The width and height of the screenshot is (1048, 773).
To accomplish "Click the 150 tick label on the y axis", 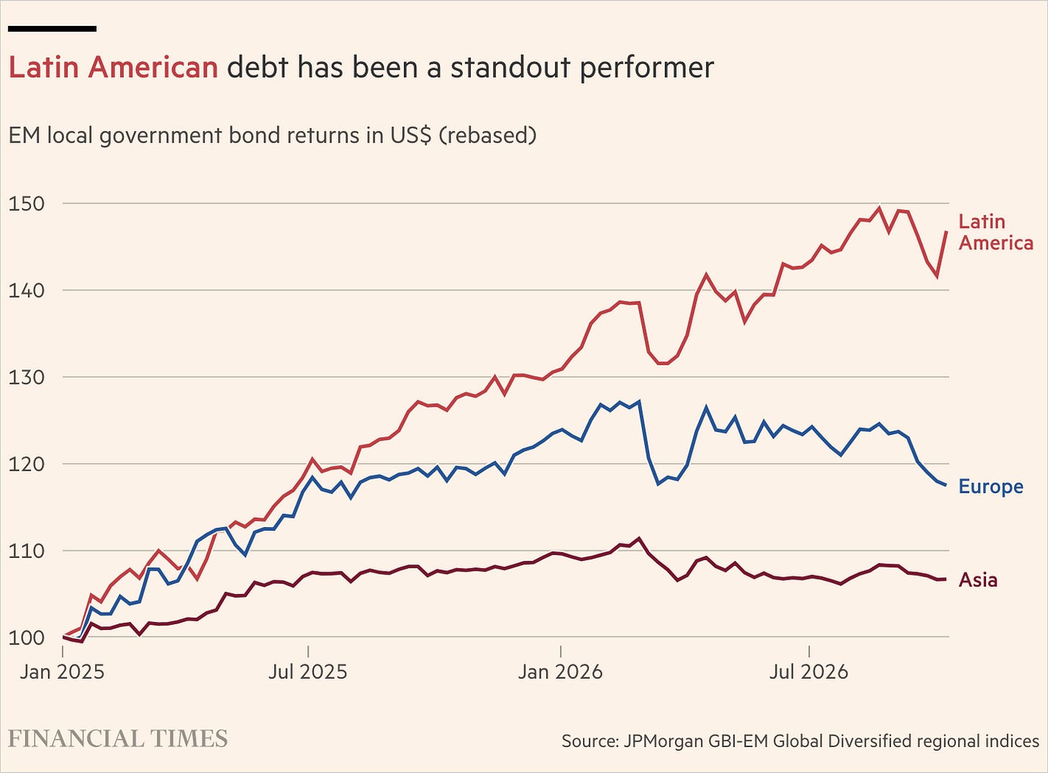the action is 27,204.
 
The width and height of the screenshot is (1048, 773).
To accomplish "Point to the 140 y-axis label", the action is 27,291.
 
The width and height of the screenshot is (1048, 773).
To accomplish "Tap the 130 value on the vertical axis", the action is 27,378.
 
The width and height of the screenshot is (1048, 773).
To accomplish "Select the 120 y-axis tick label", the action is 27,465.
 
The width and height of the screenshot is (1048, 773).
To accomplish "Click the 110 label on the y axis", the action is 27,551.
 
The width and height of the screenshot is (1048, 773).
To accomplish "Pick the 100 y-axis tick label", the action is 27,638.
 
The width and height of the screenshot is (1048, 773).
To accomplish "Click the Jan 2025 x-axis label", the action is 62,672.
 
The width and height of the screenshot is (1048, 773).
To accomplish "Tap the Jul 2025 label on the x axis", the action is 307,672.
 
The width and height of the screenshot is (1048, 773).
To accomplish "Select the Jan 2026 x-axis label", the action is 561,672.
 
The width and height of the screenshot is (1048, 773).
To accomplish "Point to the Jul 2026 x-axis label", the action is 809,672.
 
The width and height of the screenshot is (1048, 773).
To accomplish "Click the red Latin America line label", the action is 995,232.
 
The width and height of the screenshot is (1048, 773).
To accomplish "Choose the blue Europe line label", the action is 991,487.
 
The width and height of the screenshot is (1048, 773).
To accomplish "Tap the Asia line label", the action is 978,580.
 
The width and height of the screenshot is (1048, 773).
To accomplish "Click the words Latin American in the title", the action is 114,67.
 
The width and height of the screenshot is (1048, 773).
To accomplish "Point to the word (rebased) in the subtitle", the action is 487,136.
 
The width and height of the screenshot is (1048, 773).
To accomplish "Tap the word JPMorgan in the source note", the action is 664,741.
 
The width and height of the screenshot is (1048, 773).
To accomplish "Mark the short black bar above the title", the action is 52,29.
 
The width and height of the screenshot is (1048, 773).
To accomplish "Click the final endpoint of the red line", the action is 947,232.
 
